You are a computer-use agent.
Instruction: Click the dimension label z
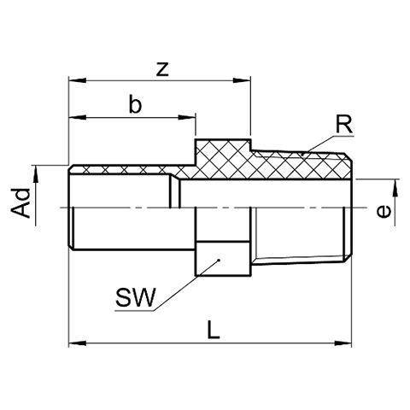pos(162,69)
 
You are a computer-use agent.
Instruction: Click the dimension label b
pos(135,104)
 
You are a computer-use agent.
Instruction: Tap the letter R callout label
pos(344,125)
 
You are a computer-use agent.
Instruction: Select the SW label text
pos(136,297)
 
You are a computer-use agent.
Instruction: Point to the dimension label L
pos(214,330)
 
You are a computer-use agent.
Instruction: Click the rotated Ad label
pos(20,202)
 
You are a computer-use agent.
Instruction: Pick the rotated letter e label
pos(384,211)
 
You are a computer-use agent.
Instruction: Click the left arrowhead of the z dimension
pos(78,80)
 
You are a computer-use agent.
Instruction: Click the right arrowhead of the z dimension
pos(242,80)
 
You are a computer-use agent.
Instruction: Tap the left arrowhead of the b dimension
pos(78,117)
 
